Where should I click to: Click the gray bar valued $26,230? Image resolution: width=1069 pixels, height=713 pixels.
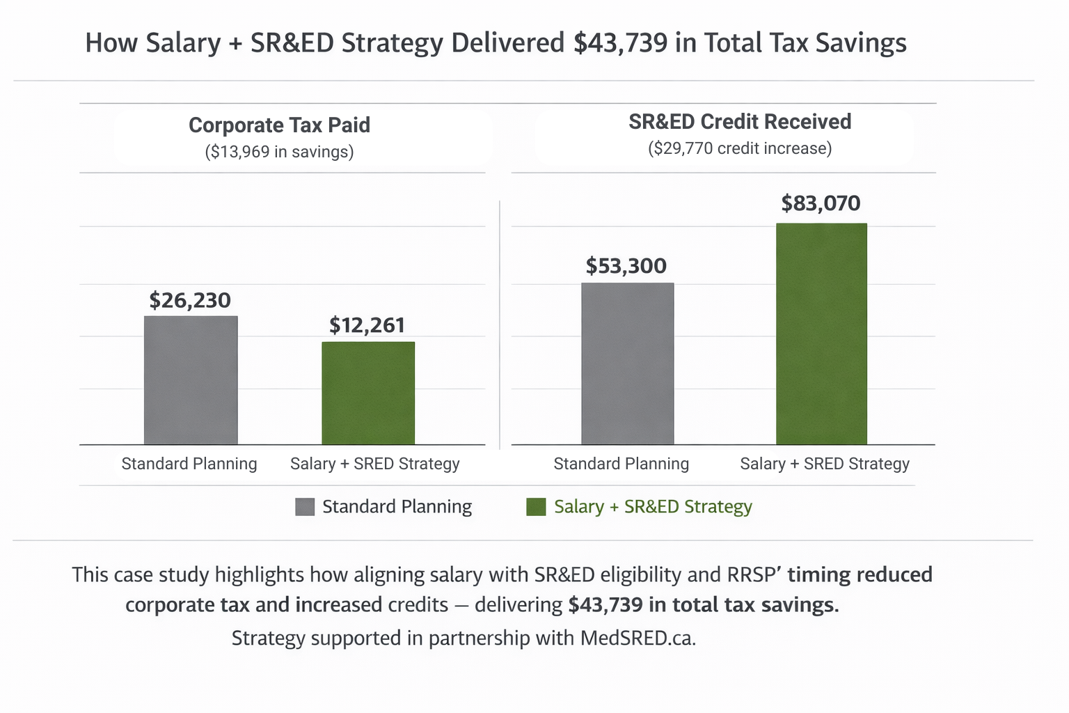pyautogui.click(x=191, y=380)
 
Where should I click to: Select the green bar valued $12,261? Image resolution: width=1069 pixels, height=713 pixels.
pyautogui.click(x=368, y=393)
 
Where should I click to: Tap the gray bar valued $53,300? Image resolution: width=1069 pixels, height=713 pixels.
pyautogui.click(x=627, y=363)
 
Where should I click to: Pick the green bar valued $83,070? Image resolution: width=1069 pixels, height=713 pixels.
pyautogui.click(x=821, y=334)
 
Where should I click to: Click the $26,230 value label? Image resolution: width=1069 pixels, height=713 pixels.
pyautogui.click(x=190, y=300)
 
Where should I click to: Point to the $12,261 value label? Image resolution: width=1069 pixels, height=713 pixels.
pyautogui.click(x=367, y=325)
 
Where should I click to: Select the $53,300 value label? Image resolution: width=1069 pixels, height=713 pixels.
pyautogui.click(x=626, y=266)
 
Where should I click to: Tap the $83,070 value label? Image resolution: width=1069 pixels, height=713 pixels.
pyautogui.click(x=821, y=203)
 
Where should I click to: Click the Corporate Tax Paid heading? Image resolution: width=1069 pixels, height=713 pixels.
pyautogui.click(x=279, y=125)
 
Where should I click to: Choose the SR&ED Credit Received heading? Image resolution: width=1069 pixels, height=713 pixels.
pyautogui.click(x=739, y=122)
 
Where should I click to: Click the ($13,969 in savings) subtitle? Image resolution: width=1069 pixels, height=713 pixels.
pyautogui.click(x=279, y=152)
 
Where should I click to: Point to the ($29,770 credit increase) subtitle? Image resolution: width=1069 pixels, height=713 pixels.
pyautogui.click(x=739, y=148)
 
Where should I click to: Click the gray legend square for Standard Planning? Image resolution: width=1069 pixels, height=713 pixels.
pyautogui.click(x=305, y=507)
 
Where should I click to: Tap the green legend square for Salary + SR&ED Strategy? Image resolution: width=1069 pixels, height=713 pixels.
pyautogui.click(x=536, y=507)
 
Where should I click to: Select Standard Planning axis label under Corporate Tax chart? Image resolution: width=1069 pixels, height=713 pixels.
pyautogui.click(x=189, y=464)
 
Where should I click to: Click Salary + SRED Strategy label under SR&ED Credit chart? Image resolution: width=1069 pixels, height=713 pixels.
pyautogui.click(x=825, y=464)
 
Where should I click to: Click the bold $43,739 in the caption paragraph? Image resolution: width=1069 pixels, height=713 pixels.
pyautogui.click(x=605, y=604)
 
